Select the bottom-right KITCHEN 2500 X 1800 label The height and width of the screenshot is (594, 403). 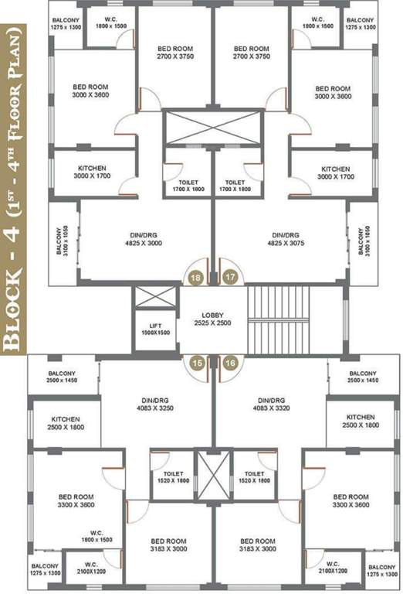pos(361,422)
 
